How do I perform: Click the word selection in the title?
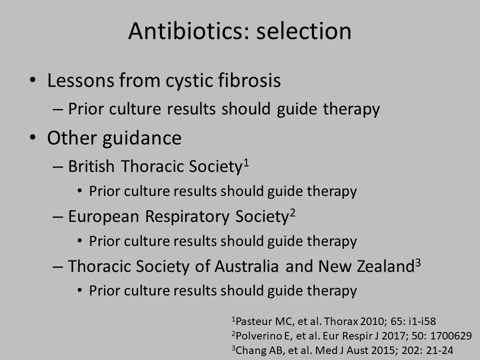(304, 31)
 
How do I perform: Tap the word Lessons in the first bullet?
(80, 80)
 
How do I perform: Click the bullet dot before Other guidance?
(33, 137)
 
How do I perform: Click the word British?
(91, 166)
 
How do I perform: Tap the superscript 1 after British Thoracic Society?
(246, 162)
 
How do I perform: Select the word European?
(103, 216)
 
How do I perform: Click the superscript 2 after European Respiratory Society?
(292, 212)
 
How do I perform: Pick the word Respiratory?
(187, 216)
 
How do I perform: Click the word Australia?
(246, 266)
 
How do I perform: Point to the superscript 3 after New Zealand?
(418, 262)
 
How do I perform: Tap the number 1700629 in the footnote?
(451, 336)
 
